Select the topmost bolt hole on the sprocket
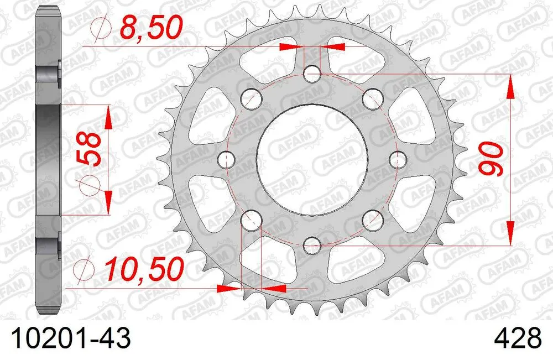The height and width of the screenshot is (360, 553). tap(312, 73)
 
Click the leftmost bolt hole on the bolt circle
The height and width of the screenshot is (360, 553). tap(226, 159)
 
